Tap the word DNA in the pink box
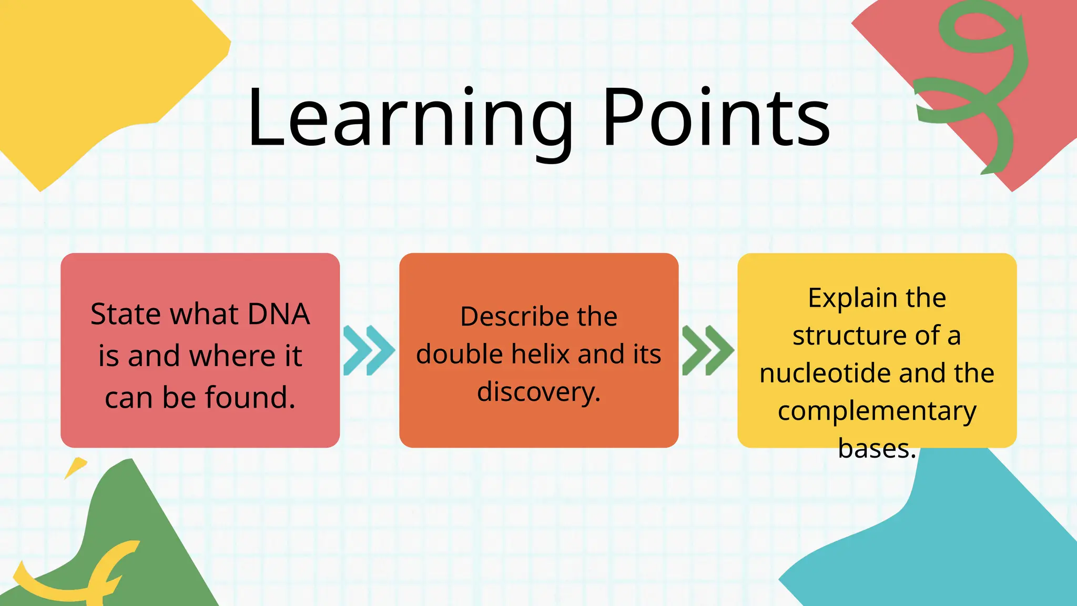(x=279, y=314)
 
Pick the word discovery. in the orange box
(x=538, y=392)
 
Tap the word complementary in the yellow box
(x=877, y=411)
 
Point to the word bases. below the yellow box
(x=877, y=449)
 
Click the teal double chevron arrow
(x=368, y=350)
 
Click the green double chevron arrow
(x=707, y=350)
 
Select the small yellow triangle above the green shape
(x=76, y=467)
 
